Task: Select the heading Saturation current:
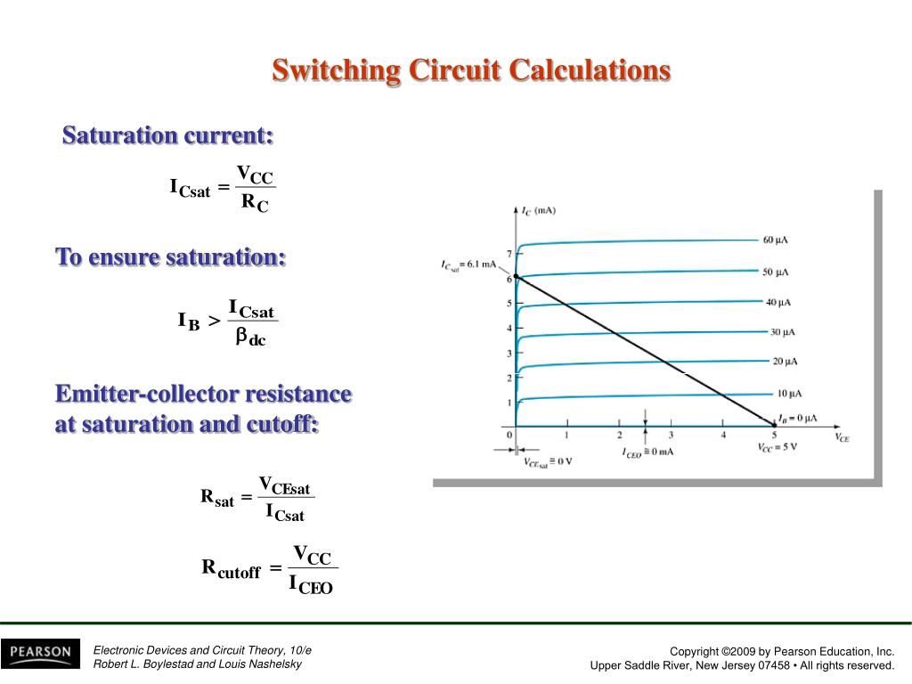point(167,136)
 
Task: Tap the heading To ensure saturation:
point(171,257)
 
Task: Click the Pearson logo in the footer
point(40,653)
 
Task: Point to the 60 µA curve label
point(775,240)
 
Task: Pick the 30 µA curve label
point(782,332)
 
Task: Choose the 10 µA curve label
point(788,394)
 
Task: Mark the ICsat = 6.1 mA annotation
point(468,265)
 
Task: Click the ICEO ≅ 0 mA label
point(647,452)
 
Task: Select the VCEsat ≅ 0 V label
point(546,460)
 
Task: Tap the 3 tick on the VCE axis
point(671,436)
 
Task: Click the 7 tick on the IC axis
point(509,254)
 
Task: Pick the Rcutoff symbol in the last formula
point(231,568)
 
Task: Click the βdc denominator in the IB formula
point(250,338)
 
